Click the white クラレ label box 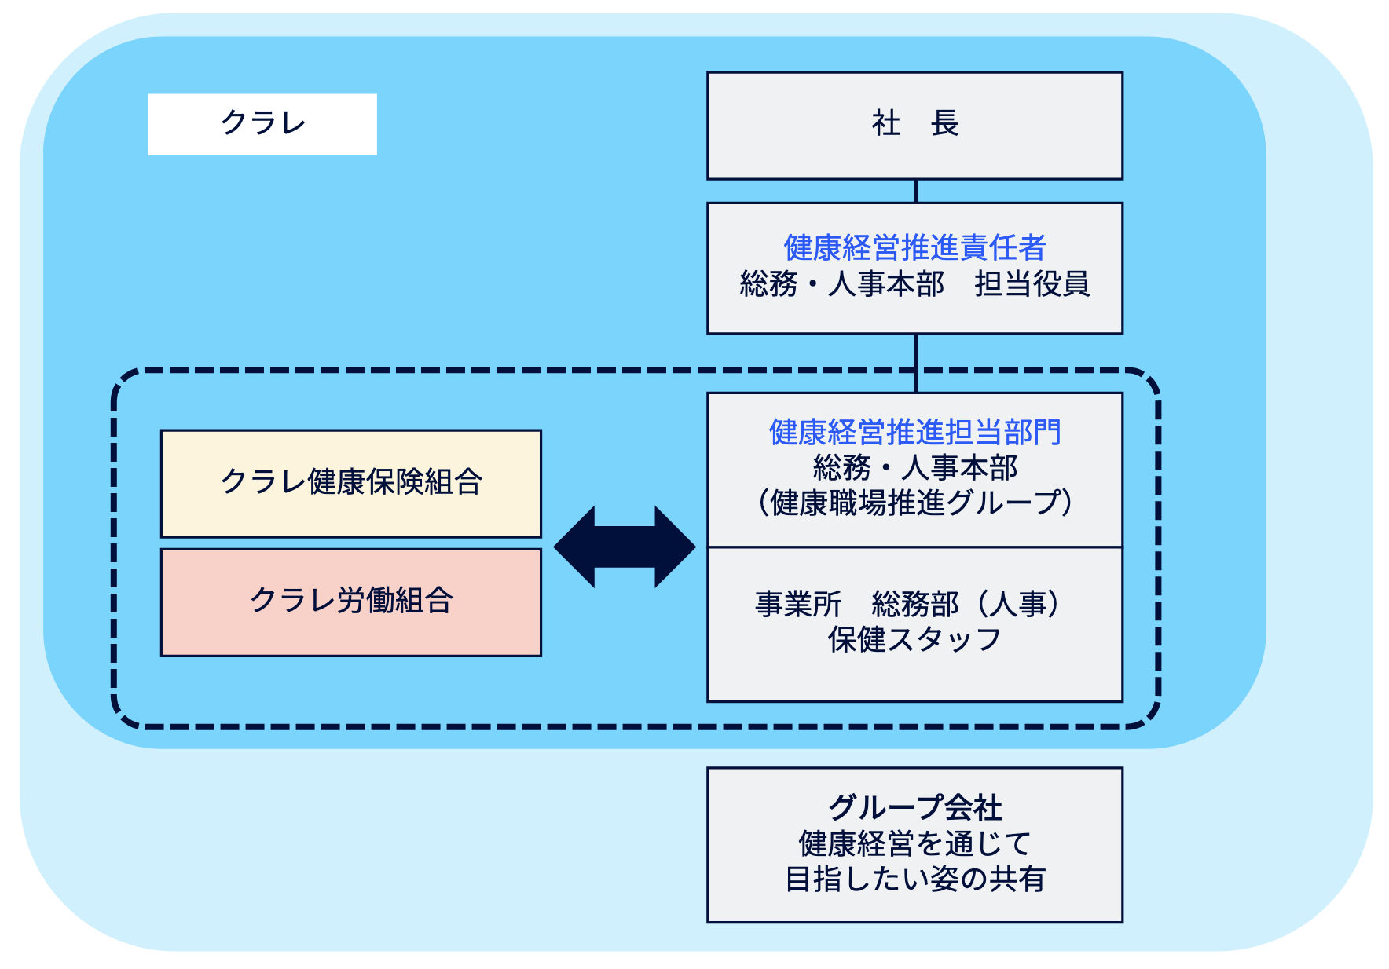(x=262, y=124)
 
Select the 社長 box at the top (x=914, y=126)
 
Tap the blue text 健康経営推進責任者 (x=914, y=247)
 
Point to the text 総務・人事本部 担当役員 (x=914, y=283)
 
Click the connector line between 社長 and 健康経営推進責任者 (x=916, y=192)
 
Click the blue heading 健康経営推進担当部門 (x=914, y=432)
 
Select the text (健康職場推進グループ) (x=914, y=503)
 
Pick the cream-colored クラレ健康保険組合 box (x=351, y=483)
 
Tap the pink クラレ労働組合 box (x=351, y=602)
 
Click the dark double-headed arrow (x=625, y=547)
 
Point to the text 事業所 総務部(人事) (x=908, y=604)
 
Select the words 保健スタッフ (x=914, y=639)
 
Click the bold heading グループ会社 (x=914, y=807)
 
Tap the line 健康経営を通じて (x=914, y=843)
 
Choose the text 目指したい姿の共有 (x=914, y=879)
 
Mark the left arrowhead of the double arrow (x=574, y=547)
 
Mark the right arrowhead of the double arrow (x=676, y=547)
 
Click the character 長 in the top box (x=944, y=123)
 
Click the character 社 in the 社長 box (x=885, y=123)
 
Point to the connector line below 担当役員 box (x=916, y=364)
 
